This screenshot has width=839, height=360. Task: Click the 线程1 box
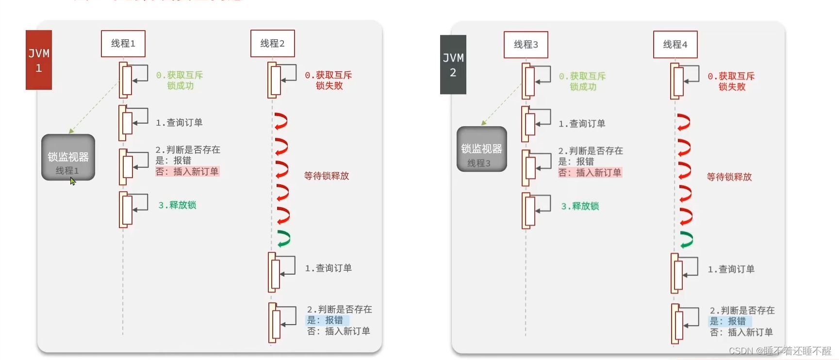click(123, 44)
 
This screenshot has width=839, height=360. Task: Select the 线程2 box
click(272, 44)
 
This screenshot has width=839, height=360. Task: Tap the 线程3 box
click(526, 45)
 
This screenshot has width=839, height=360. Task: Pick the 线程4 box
click(675, 45)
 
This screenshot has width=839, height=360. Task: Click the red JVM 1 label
click(39, 60)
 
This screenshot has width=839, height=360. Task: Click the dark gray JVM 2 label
click(453, 65)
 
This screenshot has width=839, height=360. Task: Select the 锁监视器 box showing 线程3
click(481, 149)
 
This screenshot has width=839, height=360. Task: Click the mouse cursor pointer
click(73, 181)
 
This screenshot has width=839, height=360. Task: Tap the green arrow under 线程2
click(283, 238)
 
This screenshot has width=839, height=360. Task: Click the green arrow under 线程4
click(686, 239)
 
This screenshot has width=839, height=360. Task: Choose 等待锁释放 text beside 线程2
click(327, 176)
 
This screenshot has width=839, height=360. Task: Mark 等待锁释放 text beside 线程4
click(729, 177)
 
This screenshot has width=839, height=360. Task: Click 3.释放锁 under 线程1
click(177, 205)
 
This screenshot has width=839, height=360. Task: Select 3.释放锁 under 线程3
click(580, 206)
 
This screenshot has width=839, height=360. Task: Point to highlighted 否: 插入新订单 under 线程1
click(187, 172)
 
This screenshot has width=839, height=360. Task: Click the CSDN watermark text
click(780, 351)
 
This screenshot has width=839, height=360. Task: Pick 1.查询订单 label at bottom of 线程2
click(328, 268)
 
